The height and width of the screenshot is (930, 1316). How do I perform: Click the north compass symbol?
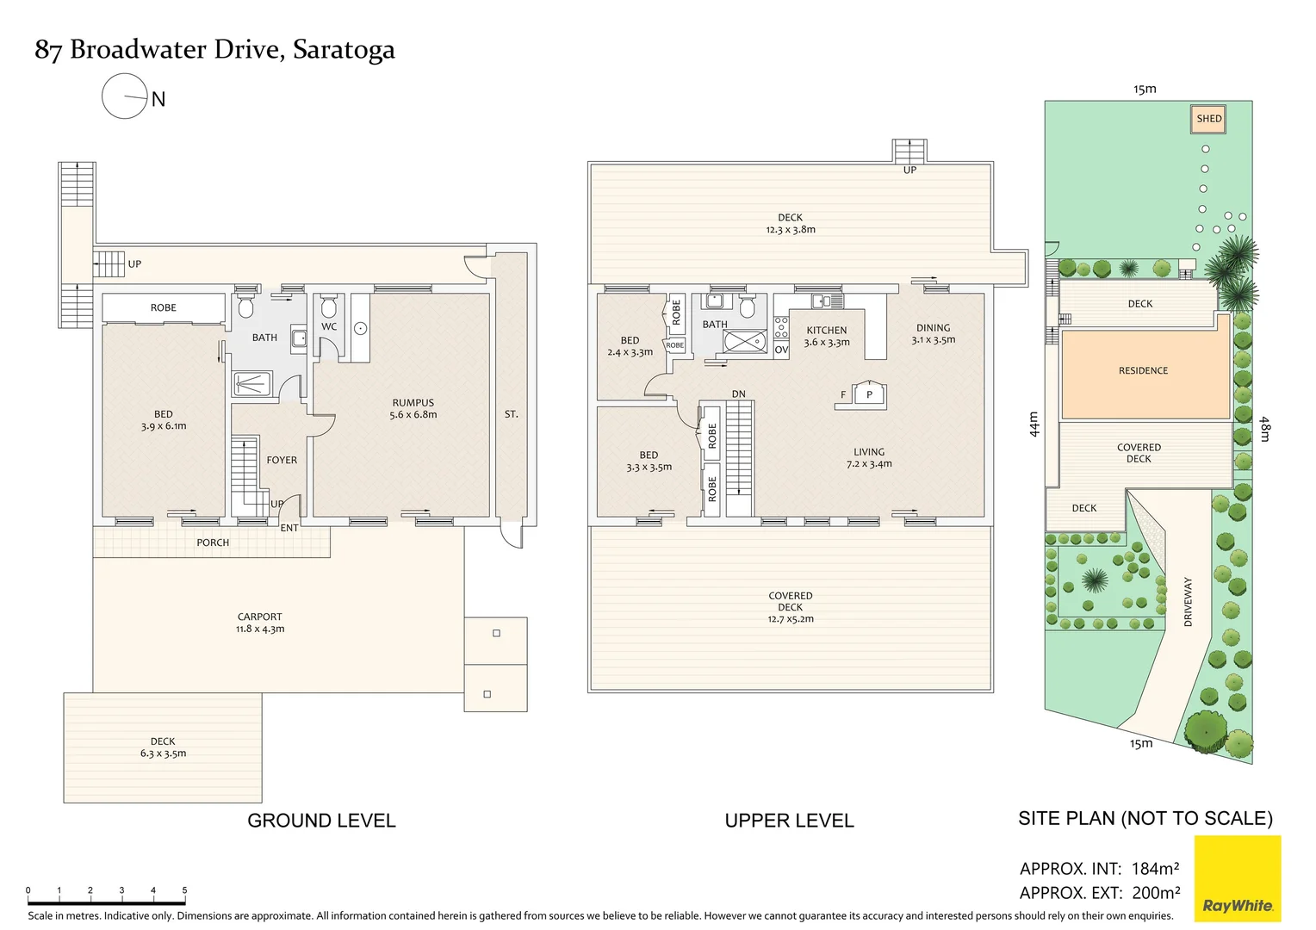[125, 96]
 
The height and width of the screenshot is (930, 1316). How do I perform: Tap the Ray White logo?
[1237, 879]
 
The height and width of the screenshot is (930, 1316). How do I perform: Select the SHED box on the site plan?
[1208, 119]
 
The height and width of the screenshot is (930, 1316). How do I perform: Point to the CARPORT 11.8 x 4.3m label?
[259, 623]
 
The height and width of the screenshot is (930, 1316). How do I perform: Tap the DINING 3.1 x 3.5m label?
[933, 333]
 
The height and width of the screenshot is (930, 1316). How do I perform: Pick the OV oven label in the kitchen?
[781, 350]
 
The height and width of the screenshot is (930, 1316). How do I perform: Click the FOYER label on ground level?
[282, 460]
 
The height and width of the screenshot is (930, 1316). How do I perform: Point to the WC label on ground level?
[329, 326]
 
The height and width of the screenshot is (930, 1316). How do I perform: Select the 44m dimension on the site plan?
[1034, 424]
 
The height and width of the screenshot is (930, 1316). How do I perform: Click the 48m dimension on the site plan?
[1264, 429]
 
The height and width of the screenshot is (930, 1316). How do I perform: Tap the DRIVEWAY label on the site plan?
[1188, 601]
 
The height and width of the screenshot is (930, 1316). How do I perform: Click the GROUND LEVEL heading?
[321, 821]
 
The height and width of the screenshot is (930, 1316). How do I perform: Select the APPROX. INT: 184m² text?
[1099, 868]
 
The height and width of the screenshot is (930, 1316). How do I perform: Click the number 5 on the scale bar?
[184, 890]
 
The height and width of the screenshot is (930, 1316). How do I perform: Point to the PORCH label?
[213, 542]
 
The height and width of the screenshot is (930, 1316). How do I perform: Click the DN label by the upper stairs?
[738, 394]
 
